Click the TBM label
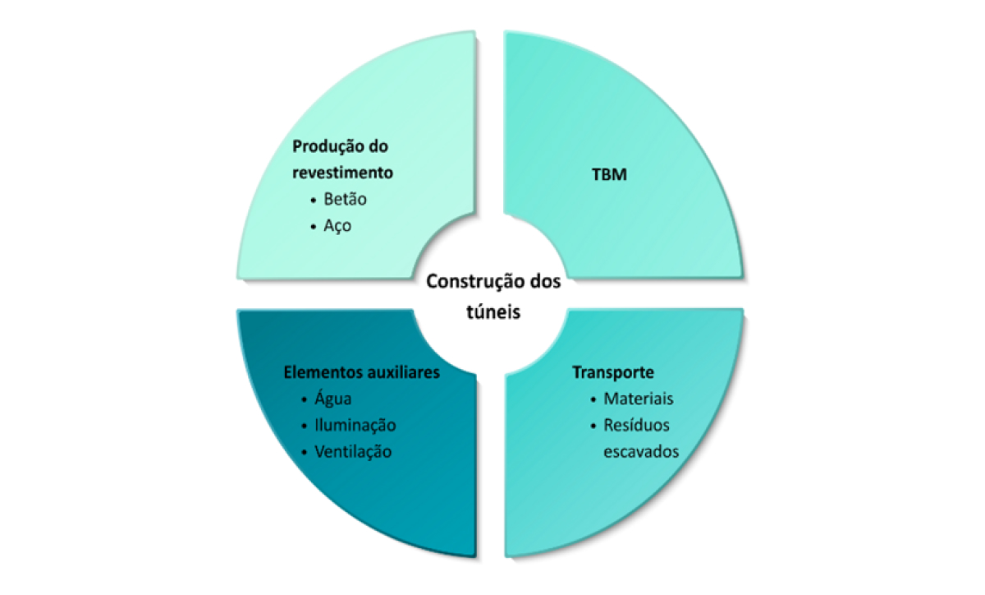[x=609, y=174]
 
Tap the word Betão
[x=346, y=199]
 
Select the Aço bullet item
[x=337, y=226]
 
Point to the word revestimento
[x=342, y=173]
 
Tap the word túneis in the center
[x=493, y=311]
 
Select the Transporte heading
[x=613, y=372]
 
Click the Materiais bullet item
[x=638, y=399]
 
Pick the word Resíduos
[x=636, y=425]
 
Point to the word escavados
[x=641, y=452]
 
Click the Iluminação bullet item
[x=355, y=426]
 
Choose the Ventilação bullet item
[x=353, y=452]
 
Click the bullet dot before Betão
[x=313, y=201]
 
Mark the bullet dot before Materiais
[x=593, y=400]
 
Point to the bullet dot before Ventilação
[x=305, y=453]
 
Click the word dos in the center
[x=545, y=282]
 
